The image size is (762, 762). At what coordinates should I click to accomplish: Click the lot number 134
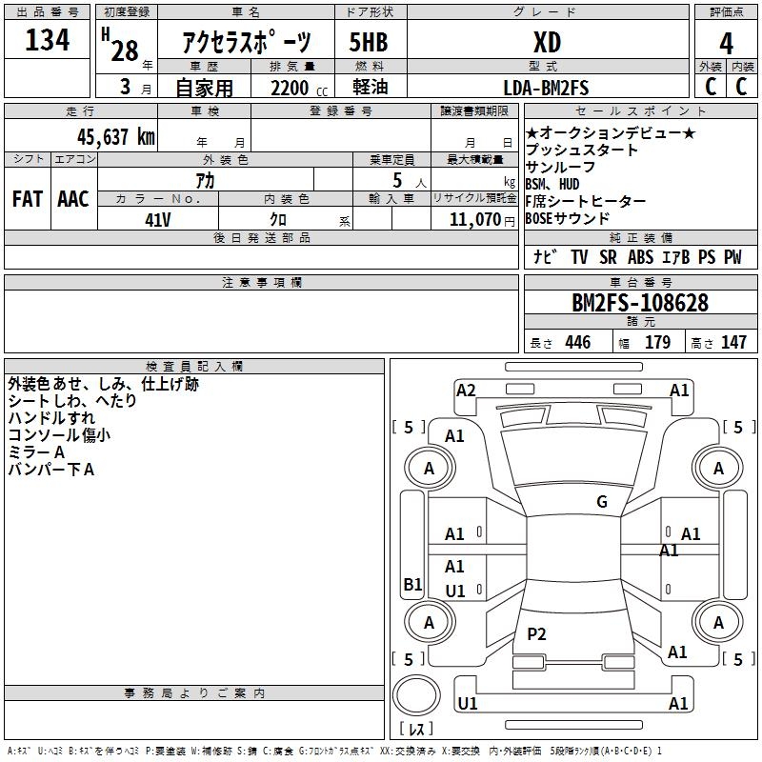pos(48,40)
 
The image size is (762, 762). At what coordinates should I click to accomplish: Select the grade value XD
pos(546,42)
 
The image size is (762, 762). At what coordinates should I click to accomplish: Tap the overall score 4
pos(726,43)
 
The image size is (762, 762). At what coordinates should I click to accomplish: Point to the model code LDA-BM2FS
pos(546,88)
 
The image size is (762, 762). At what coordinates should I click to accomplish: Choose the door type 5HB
pos(369,42)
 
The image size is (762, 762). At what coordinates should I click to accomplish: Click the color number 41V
pos(158,218)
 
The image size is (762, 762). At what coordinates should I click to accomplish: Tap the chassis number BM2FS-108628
pos(639,303)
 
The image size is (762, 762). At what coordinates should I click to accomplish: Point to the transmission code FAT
pos(28,199)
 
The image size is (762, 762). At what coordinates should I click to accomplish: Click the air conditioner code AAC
pos(73,199)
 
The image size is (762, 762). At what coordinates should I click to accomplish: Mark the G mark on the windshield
pos(601,502)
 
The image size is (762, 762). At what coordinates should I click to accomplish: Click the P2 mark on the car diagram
pos(537,634)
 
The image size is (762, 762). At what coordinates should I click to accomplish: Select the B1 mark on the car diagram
pos(412,585)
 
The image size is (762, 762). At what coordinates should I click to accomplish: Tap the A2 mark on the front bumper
pos(466,390)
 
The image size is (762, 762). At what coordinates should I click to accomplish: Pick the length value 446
pos(577,343)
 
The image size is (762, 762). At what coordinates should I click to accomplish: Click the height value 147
pos(733,343)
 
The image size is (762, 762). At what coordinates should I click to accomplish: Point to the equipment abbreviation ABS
pos(640,257)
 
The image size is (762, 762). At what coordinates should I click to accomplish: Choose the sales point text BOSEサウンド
pos(567,218)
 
